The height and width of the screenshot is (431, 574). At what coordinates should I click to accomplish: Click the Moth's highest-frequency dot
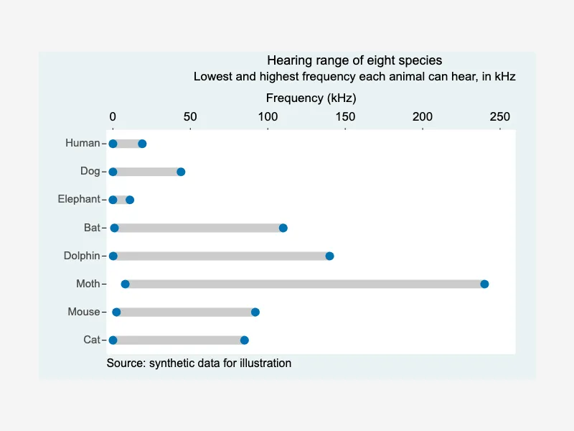(484, 284)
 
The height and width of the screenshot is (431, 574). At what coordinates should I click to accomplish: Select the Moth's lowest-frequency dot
(125, 284)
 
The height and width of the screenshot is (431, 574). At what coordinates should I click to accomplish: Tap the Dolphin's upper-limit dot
(329, 256)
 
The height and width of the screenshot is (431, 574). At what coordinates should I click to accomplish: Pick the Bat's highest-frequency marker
(283, 228)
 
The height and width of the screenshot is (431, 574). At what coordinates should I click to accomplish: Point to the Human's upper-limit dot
(142, 144)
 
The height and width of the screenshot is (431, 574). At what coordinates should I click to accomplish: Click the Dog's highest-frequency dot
(181, 172)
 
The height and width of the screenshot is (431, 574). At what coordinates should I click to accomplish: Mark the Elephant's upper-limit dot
(130, 200)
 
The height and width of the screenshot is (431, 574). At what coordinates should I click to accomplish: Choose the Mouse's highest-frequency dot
(255, 312)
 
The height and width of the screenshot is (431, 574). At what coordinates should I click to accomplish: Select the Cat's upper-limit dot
(245, 340)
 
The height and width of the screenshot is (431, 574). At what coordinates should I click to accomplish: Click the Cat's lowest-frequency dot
(113, 340)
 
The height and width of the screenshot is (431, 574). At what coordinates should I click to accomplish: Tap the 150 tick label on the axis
(345, 116)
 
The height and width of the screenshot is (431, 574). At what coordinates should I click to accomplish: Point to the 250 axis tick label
(499, 116)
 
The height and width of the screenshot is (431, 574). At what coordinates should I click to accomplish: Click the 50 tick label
(190, 116)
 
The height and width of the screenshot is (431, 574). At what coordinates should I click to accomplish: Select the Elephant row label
(79, 199)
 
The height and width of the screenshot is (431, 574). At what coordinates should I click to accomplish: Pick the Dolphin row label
(82, 256)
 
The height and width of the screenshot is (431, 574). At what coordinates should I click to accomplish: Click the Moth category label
(88, 284)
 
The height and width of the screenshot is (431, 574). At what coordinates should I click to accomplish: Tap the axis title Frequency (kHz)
(311, 98)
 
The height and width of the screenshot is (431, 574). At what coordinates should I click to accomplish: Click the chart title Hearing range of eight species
(354, 60)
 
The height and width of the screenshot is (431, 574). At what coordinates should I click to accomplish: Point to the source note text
(199, 363)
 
